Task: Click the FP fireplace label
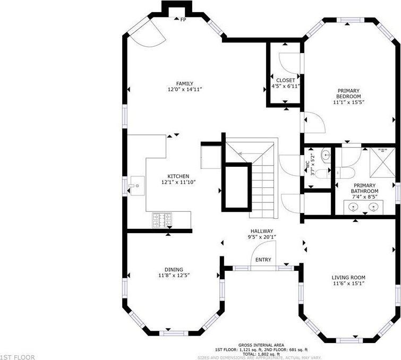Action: click(183, 20)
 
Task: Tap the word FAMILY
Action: click(185, 83)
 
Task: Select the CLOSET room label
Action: click(285, 80)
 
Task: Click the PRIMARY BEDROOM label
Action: click(348, 93)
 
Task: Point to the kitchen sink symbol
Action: click(137, 186)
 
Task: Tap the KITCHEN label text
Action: click(178, 176)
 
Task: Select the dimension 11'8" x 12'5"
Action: click(174, 276)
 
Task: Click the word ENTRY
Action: click(263, 260)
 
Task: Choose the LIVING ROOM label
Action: click(348, 278)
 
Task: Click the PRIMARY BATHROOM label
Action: click(364, 188)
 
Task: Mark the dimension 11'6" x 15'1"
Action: click(348, 284)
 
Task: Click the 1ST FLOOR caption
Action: click(18, 357)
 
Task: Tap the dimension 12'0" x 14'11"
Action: click(185, 90)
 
